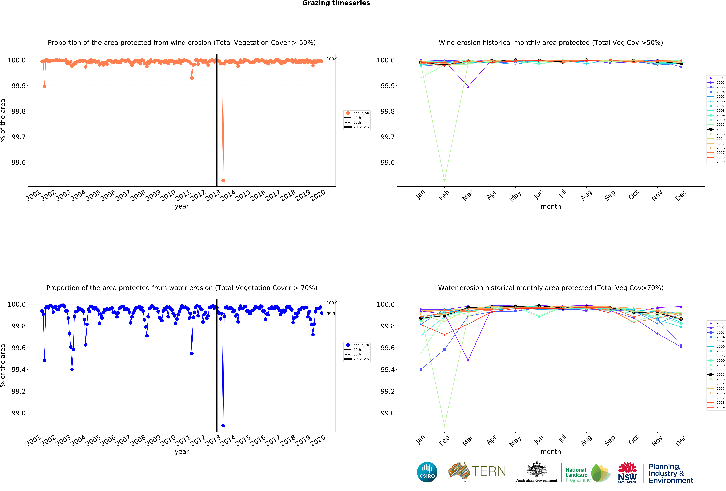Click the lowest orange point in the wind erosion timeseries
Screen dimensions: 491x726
click(223, 180)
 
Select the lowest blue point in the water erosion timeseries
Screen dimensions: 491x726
click(223, 426)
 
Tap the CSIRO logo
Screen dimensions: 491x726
click(427, 472)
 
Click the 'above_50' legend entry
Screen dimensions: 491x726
click(361, 113)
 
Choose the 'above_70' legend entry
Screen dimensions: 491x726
click(361, 345)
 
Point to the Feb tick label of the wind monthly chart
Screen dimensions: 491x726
click(444, 195)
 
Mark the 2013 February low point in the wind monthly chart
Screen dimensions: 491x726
click(445, 180)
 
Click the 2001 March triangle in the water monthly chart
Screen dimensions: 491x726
click(468, 360)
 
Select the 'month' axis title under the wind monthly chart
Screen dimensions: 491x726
click(551, 206)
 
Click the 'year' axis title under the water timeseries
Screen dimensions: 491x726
click(182, 452)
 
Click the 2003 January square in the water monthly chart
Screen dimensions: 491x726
click(421, 369)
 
